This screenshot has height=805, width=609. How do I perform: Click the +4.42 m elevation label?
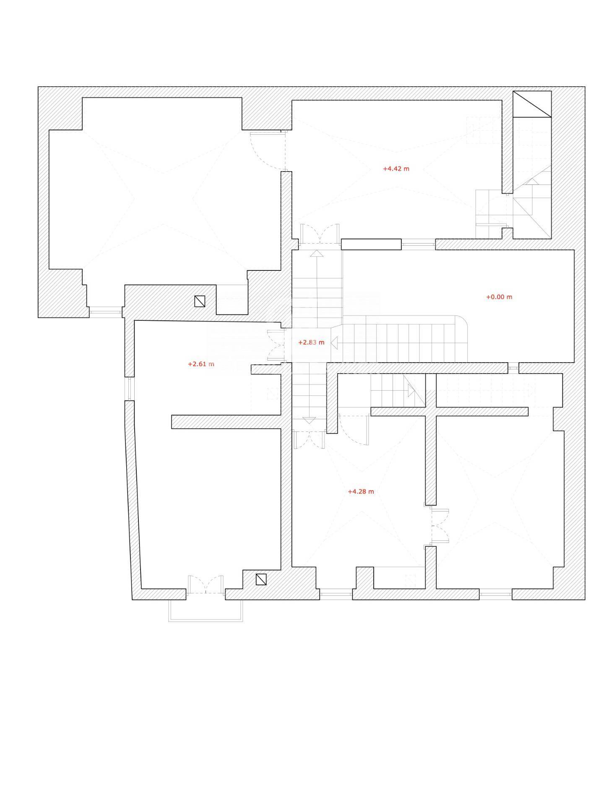tap(396, 169)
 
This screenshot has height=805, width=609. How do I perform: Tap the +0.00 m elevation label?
tap(499, 297)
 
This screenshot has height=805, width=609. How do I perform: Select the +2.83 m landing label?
tap(311, 342)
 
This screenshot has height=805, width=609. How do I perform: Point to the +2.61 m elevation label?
tap(201, 364)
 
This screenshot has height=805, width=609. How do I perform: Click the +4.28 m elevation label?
tap(361, 491)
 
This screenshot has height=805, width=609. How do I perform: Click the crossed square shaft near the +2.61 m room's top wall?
tap(200, 301)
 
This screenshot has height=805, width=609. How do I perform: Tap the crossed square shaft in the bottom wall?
tap(261, 579)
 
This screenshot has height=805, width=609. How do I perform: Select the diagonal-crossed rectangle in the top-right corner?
tap(532, 104)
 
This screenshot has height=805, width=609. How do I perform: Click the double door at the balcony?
tap(206, 584)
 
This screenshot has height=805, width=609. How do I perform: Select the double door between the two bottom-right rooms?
tap(440, 526)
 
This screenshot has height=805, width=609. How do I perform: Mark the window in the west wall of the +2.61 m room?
tap(129, 389)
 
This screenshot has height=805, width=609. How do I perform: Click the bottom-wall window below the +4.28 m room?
tap(336, 594)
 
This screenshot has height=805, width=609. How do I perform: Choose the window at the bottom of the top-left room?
tap(106, 312)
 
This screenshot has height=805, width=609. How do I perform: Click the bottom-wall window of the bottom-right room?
tap(496, 594)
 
